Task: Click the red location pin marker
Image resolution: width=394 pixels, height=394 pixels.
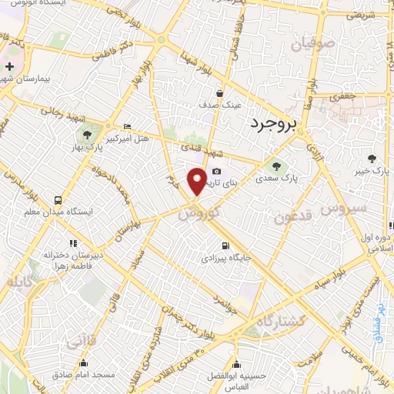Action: pos(198,180)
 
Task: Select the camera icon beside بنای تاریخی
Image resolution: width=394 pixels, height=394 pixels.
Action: pos(217,171)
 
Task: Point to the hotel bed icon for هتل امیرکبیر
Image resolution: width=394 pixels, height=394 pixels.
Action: pos(127,126)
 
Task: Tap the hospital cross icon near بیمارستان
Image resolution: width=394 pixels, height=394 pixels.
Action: pos(8,68)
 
